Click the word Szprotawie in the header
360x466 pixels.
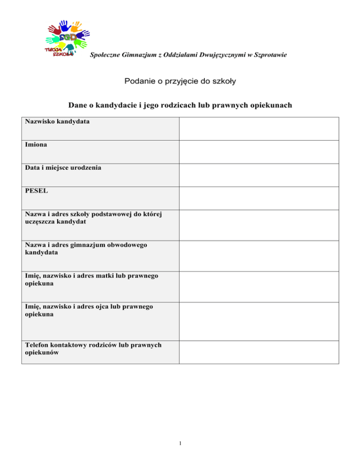(x=269, y=55)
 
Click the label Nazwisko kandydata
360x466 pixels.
(x=58, y=122)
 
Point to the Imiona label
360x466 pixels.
(x=36, y=145)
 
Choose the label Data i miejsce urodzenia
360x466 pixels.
(x=63, y=167)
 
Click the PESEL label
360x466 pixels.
(x=36, y=191)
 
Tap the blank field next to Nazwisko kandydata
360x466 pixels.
(x=258, y=128)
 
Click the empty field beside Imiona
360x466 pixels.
(x=258, y=151)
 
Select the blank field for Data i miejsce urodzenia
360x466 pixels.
(x=258, y=174)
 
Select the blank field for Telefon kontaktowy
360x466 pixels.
(x=258, y=352)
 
